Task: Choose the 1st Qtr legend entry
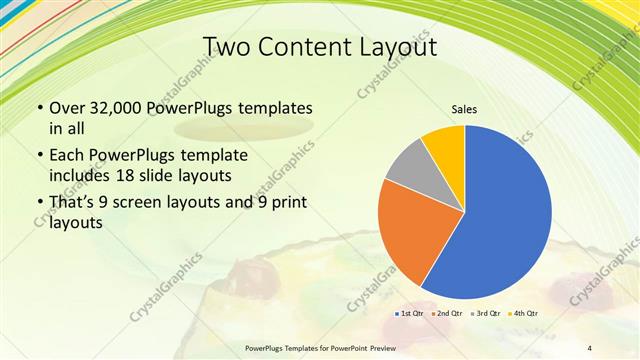[x=408, y=314]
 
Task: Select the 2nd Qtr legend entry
[x=446, y=314]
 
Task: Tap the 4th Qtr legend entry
[x=524, y=314]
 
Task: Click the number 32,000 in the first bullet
[x=111, y=108]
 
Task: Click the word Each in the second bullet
[x=68, y=157]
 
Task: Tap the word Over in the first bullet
[x=68, y=108]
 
